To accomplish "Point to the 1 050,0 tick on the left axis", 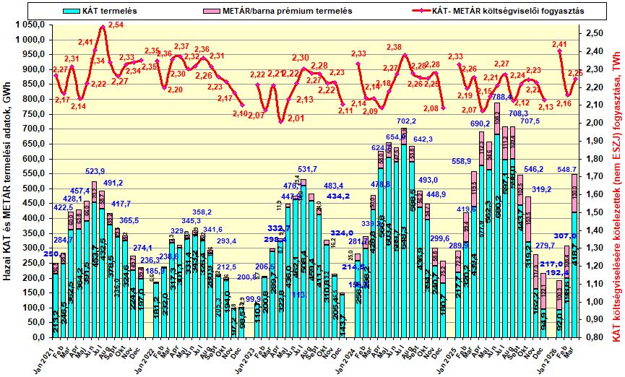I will (x=30, y=24).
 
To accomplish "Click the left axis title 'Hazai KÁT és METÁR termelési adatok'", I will (x=7, y=181).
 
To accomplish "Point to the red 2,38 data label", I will (x=394, y=48).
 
